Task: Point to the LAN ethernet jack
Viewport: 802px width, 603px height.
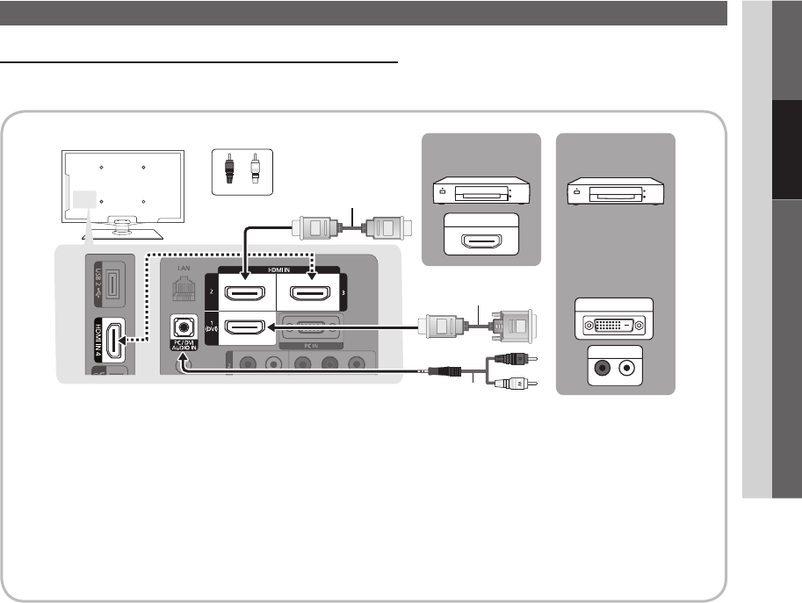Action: (x=182, y=291)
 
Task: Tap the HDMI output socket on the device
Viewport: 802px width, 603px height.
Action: (x=481, y=239)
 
